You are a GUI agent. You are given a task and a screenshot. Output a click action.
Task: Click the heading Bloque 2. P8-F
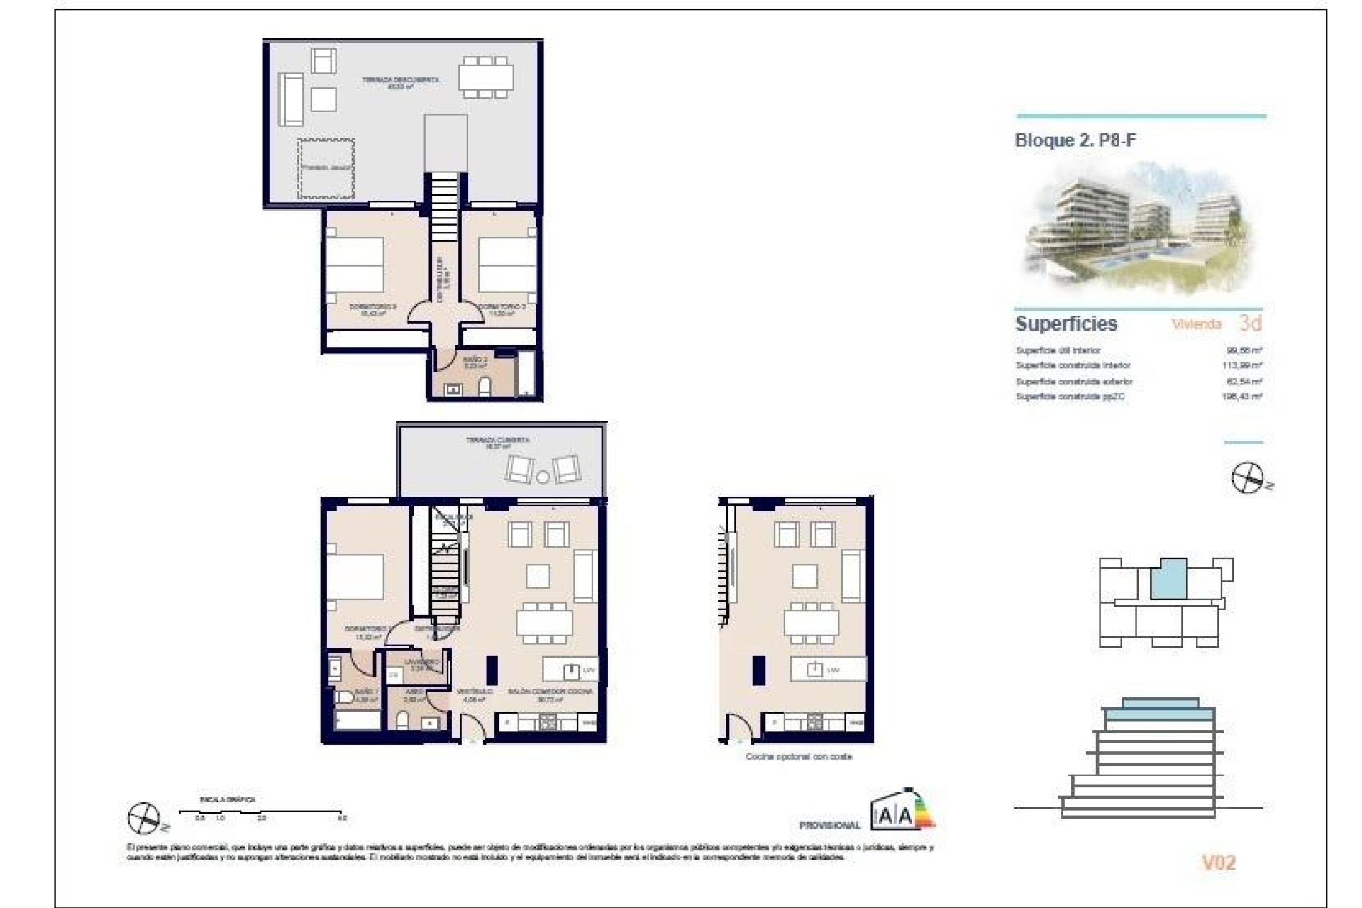point(1075,140)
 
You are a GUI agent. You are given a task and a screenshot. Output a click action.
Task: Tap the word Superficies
point(1066,324)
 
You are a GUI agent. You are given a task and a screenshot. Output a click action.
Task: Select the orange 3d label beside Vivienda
point(1250,323)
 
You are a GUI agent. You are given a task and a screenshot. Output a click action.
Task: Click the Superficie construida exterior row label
point(1074,382)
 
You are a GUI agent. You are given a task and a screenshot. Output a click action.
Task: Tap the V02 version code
point(1218,863)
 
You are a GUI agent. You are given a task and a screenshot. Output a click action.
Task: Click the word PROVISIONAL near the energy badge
point(829,825)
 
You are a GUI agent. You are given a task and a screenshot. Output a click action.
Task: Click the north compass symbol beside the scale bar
point(144,819)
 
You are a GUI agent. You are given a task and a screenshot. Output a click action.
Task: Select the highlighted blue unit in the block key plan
point(1168,579)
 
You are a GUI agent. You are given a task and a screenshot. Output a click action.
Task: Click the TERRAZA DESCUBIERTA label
point(400,80)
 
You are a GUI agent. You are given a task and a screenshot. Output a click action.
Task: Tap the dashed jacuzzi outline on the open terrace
point(326,169)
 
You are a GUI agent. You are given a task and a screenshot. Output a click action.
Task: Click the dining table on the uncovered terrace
point(486,77)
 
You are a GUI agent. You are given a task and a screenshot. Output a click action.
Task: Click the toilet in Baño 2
point(486,387)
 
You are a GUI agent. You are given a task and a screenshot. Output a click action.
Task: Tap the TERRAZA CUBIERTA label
point(497,440)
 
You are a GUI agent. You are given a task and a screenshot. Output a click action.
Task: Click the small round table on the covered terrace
point(543,477)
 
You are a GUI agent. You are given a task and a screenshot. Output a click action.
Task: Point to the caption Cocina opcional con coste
point(798,757)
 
